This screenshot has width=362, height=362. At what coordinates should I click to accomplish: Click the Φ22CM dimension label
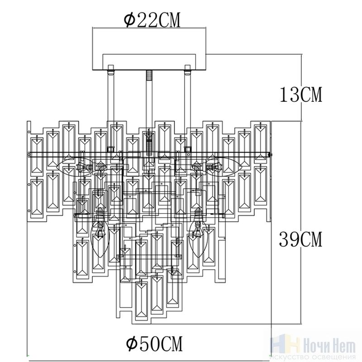tap(152, 20)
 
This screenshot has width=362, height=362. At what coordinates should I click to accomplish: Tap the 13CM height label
tap(301, 95)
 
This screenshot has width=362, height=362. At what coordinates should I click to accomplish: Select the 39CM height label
tap(300, 239)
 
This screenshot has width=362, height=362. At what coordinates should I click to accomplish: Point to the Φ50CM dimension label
tap(154, 343)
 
